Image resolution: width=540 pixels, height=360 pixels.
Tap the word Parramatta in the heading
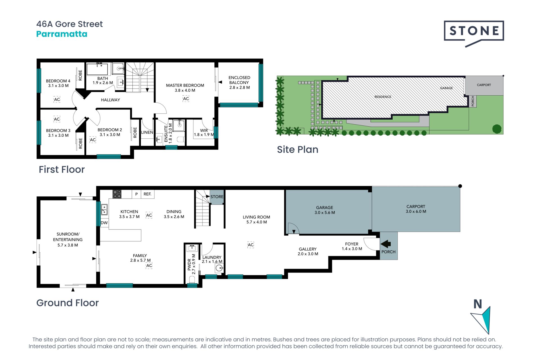[62, 34]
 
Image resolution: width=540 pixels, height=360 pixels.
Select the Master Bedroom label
[185, 85]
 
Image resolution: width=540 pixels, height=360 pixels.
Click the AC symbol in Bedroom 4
[57, 99]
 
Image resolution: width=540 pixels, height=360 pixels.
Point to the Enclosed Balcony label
[239, 80]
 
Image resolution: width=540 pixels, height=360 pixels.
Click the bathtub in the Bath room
[97, 69]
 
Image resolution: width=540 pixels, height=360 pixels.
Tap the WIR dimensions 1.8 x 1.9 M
[204, 135]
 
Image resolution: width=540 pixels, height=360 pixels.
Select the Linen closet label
[147, 132]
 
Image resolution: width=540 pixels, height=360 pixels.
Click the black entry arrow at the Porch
[386, 244]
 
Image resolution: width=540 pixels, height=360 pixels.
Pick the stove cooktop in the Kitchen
[117, 194]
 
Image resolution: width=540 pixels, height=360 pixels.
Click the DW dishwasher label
[104, 223]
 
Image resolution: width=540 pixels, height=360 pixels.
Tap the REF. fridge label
[147, 194]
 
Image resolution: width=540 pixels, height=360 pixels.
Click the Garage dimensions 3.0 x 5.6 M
[325, 213]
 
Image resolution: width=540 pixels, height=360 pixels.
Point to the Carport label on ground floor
[416, 206]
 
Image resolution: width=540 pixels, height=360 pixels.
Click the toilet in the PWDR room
[192, 279]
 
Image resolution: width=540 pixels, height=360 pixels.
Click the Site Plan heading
[298, 150]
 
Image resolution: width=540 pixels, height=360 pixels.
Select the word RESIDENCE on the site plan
[383, 97]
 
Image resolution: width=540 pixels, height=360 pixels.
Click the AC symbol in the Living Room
[251, 245]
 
